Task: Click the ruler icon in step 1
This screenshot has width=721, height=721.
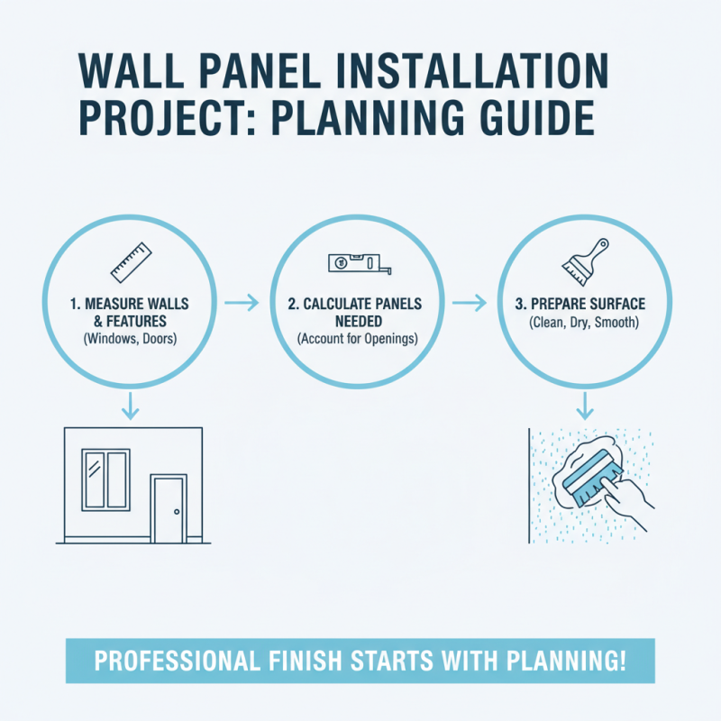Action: pyautogui.click(x=129, y=260)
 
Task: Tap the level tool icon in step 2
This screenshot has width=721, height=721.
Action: pyautogui.click(x=360, y=262)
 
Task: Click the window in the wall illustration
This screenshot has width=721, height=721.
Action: pyautogui.click(x=106, y=479)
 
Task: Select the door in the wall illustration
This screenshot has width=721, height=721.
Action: pyautogui.click(x=169, y=510)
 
